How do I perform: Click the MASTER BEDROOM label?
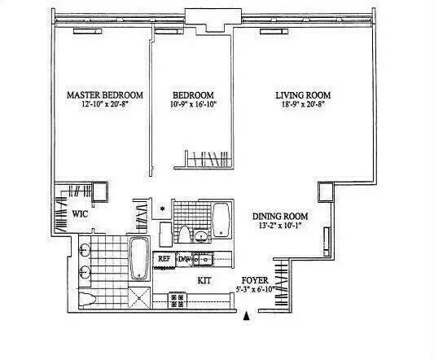[104, 94]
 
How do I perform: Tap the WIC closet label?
[80, 214]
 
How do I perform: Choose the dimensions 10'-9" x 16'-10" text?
[192, 105]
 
